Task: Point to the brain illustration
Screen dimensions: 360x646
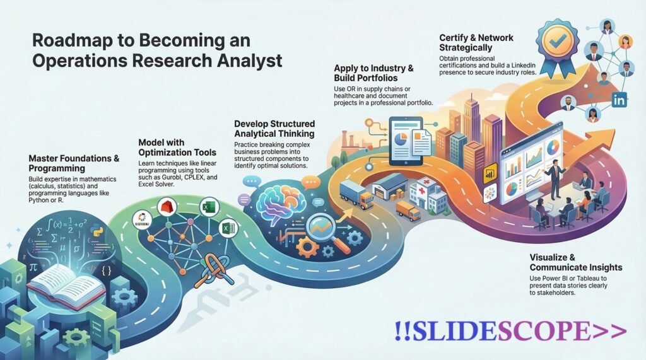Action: (276, 200)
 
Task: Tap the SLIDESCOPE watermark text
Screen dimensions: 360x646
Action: (510, 331)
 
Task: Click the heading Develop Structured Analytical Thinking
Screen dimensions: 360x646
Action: (274, 129)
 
